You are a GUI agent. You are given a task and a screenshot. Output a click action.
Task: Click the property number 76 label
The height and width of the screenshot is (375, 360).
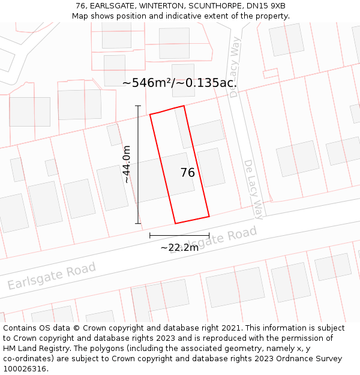188,173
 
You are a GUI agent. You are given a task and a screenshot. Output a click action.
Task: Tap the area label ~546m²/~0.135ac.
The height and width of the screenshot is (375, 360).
179,83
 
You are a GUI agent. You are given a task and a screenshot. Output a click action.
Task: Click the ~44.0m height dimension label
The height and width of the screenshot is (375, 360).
127,164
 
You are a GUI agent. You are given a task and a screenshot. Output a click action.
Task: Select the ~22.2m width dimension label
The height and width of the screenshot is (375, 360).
179,247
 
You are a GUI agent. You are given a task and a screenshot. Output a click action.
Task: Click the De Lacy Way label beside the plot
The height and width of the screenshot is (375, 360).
254,190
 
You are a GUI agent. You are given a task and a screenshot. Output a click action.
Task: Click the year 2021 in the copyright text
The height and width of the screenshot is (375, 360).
231,328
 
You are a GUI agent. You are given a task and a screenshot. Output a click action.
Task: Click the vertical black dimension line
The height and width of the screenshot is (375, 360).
138,164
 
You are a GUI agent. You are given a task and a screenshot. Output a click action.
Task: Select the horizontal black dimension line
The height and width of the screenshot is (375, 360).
179,236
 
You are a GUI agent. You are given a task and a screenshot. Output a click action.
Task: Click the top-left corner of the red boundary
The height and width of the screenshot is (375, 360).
150,114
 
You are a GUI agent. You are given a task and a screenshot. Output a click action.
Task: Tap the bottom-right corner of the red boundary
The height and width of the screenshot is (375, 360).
209,216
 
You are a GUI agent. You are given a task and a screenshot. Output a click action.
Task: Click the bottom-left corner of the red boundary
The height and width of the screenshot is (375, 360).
175,224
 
